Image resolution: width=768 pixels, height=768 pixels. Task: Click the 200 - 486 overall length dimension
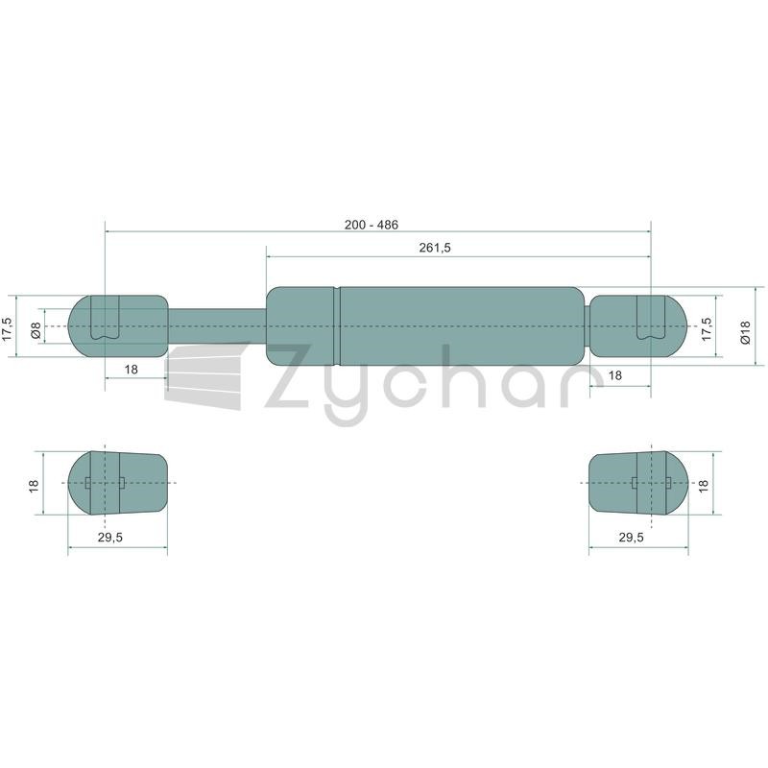[x=372, y=225]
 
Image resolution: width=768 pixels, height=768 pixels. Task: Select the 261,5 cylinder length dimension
[x=435, y=248]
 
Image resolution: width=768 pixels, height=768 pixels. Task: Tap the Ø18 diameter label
[x=745, y=332]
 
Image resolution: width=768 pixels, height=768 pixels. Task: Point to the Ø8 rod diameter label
[x=36, y=330]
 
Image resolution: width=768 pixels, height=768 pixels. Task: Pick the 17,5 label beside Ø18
[x=707, y=328]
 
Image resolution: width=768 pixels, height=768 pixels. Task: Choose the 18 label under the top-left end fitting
[x=131, y=370]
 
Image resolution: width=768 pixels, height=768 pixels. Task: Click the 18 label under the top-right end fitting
[x=614, y=375]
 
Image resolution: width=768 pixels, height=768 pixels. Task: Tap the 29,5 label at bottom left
[x=110, y=538]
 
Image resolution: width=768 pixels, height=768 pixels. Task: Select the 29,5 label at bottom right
[x=631, y=538]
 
